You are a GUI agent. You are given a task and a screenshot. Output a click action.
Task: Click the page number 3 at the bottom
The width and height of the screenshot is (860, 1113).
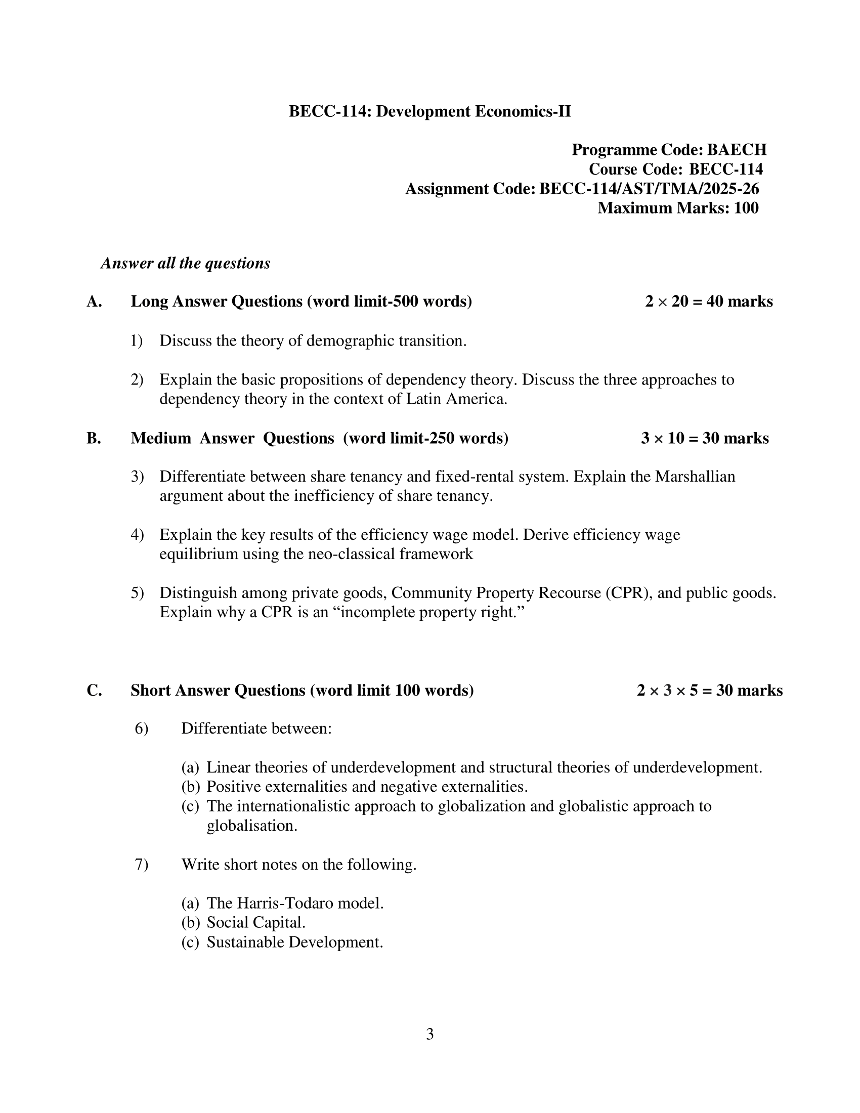429,1034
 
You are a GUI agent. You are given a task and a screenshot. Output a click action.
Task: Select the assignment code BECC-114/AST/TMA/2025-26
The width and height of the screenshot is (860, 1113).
649,189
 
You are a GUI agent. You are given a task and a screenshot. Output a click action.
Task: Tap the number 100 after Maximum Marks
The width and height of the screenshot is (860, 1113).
746,208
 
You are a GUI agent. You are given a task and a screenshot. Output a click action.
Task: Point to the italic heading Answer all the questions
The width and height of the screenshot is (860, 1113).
186,263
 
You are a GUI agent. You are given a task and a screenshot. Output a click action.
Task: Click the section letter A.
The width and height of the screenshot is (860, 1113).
94,302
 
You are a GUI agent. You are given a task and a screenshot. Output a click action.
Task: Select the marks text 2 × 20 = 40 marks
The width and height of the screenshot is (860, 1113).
709,302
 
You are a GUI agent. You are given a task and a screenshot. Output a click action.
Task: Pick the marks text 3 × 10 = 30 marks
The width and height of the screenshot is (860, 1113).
705,438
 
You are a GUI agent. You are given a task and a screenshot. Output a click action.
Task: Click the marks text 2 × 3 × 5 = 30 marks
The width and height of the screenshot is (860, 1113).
709,690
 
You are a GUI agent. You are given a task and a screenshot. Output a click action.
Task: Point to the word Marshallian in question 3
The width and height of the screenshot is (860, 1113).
695,477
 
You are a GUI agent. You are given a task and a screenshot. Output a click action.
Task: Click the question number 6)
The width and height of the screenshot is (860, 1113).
141,729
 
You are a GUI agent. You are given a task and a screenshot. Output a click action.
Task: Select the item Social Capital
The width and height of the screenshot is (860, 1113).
256,922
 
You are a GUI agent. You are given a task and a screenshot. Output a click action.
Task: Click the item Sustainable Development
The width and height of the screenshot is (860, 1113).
294,942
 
